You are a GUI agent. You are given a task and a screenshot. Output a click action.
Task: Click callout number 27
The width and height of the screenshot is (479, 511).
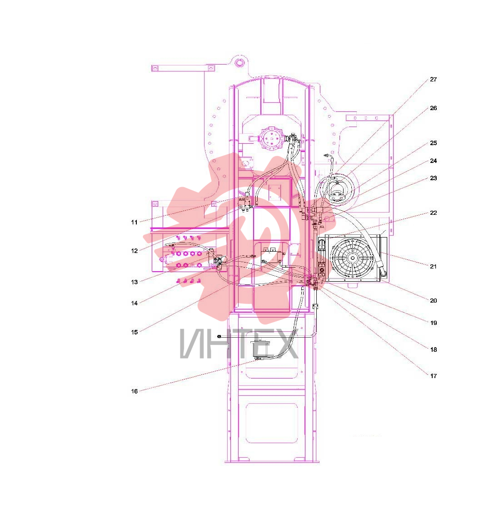pos(433,80)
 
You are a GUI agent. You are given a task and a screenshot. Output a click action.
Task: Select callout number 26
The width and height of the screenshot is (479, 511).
pos(433,108)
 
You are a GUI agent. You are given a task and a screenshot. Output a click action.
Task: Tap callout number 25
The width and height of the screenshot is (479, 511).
pos(433,143)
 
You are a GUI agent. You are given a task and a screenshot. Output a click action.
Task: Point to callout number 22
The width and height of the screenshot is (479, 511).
pos(433,213)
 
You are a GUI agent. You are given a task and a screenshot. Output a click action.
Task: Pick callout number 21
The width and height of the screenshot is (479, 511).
pos(433,267)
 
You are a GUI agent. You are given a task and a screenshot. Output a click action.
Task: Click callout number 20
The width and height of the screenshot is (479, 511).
pos(433,300)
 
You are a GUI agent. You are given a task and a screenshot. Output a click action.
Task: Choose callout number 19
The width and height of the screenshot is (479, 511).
pos(433,323)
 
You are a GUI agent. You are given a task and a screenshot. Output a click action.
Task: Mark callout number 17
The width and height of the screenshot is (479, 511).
pos(433,376)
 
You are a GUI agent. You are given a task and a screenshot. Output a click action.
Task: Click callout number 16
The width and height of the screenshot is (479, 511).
pos(135,391)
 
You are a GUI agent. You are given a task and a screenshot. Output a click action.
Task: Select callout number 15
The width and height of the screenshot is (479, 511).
pos(135,333)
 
